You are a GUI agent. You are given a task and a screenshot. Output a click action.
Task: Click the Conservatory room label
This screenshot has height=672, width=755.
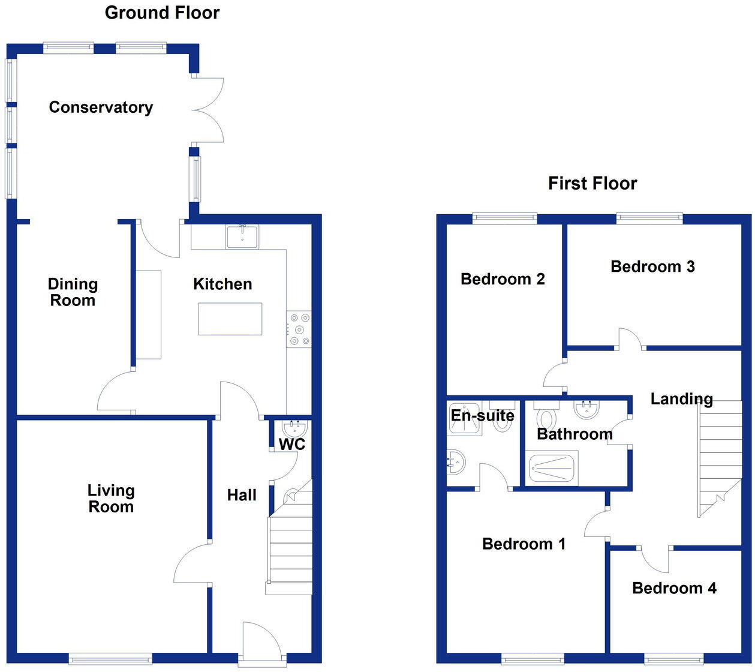click(x=101, y=107)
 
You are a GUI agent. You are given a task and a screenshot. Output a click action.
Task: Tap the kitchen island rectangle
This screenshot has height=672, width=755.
click(x=230, y=319)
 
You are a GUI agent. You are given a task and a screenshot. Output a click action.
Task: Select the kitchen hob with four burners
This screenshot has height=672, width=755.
click(x=299, y=329)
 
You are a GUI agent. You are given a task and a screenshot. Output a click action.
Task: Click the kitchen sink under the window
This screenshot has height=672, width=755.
click(x=242, y=236)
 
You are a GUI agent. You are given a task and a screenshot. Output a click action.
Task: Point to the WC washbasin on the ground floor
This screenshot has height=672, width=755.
click(x=294, y=428)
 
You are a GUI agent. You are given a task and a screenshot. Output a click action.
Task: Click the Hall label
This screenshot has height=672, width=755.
click(x=242, y=495)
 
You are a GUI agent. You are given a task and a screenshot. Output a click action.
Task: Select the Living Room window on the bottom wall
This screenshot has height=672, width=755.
click(x=110, y=659)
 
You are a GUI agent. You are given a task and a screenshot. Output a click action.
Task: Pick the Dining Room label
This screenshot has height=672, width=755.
click(x=73, y=292)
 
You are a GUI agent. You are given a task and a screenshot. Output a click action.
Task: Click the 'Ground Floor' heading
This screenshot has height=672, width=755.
click(x=162, y=13)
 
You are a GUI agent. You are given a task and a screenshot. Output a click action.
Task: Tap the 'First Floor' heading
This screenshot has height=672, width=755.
click(x=592, y=184)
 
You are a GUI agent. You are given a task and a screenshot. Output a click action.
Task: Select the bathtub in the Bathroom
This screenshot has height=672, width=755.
click(x=552, y=469)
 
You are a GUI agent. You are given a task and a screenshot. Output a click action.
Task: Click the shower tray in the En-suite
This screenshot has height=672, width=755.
click(x=465, y=419)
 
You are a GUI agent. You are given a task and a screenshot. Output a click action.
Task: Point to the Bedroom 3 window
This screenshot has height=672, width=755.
click(x=649, y=218)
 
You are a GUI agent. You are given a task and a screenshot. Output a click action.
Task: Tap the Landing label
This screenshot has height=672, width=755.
click(x=681, y=399)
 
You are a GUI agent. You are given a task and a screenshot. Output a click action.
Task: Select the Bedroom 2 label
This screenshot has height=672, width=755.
click(x=503, y=279)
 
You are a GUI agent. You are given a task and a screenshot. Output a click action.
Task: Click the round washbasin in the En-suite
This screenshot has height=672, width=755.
click(x=456, y=461)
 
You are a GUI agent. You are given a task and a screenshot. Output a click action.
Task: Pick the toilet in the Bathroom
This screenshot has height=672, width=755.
click(x=547, y=418)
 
